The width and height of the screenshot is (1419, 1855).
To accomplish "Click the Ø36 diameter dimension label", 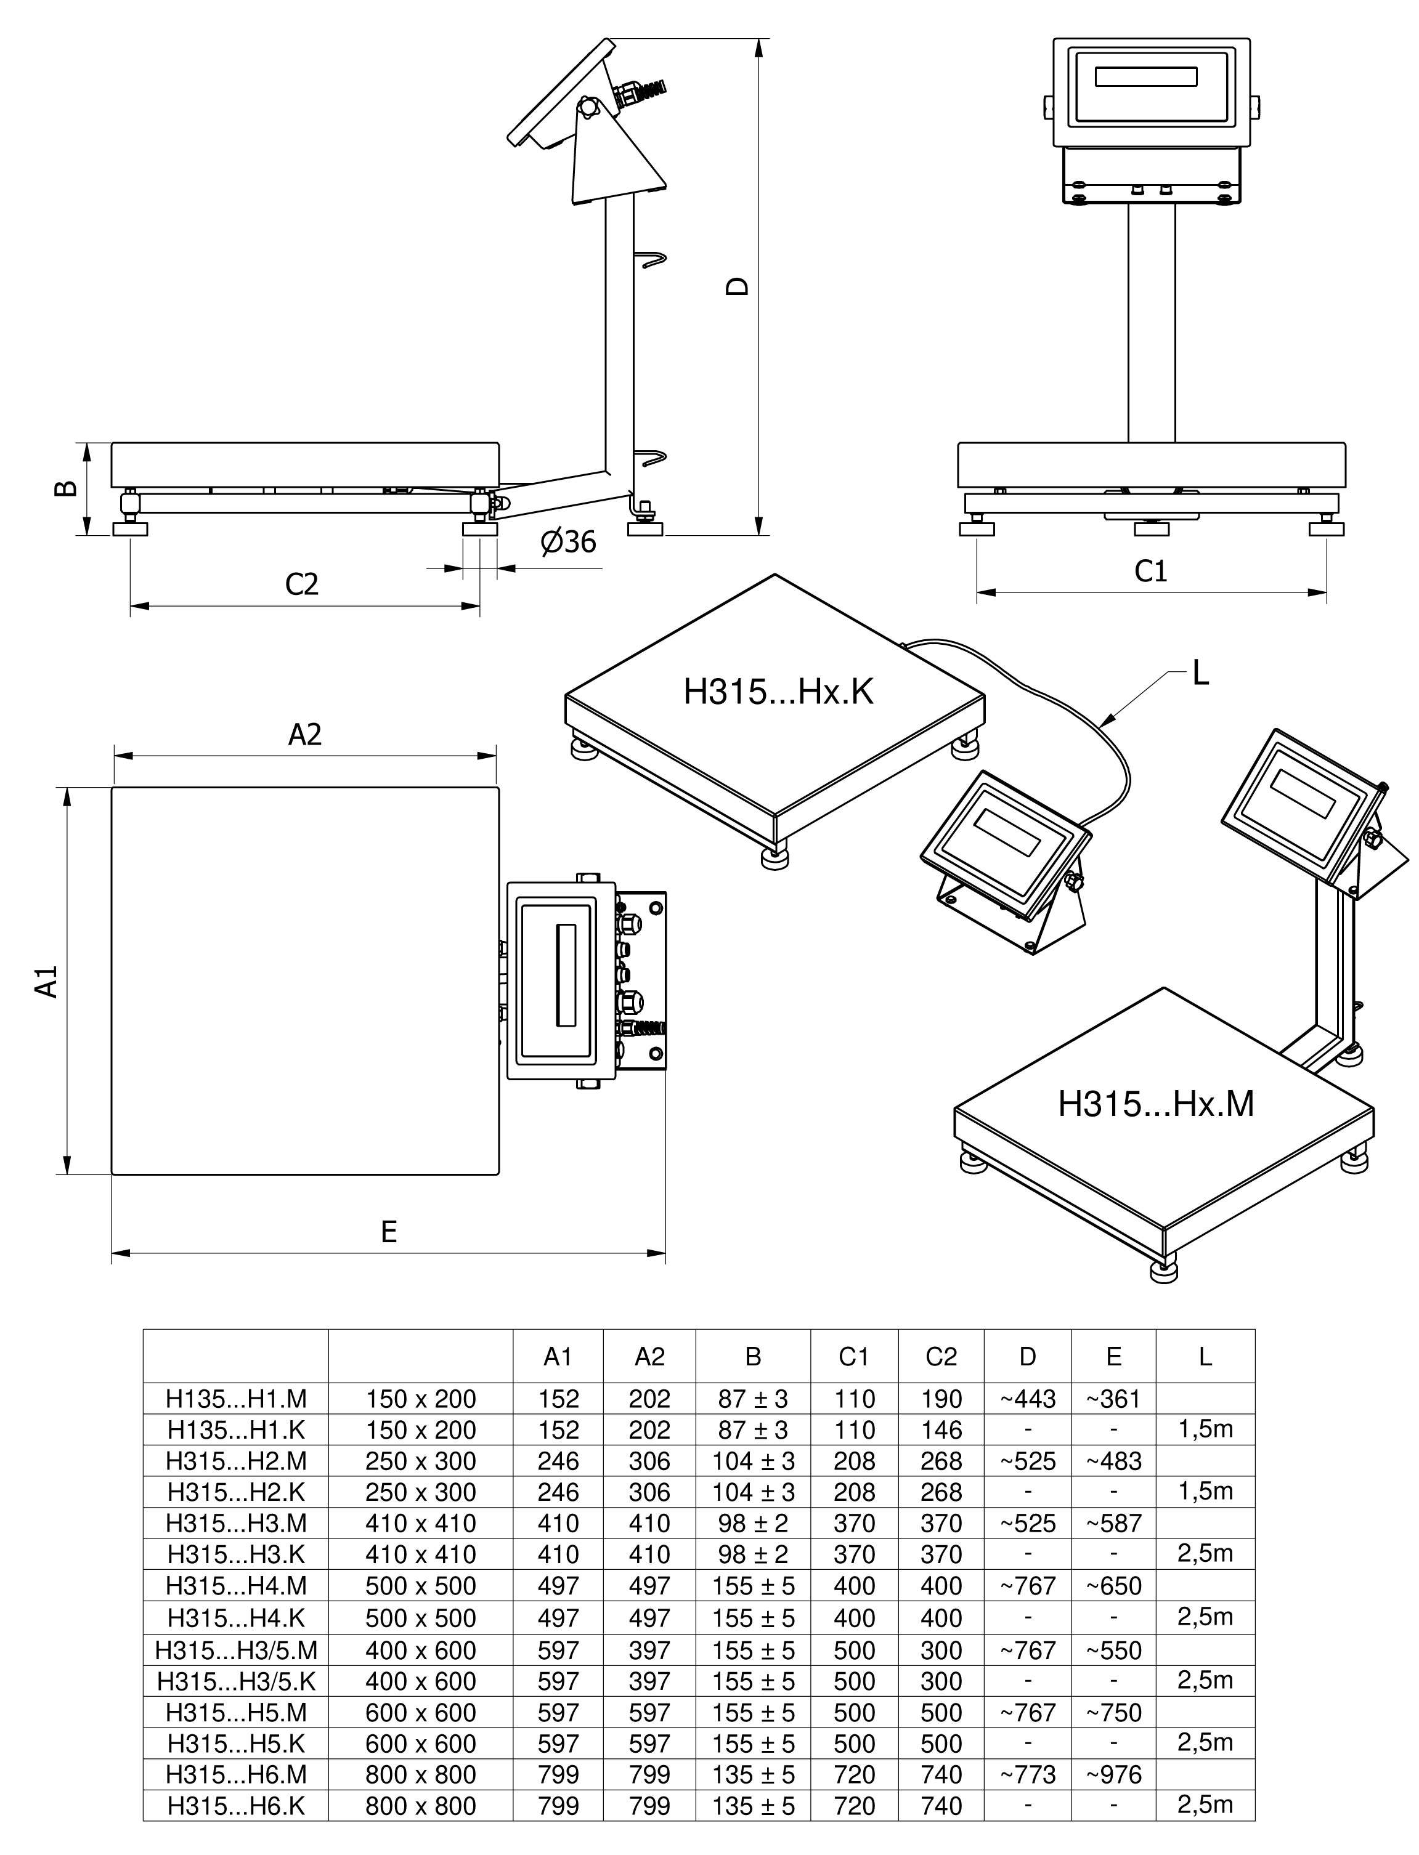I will tap(569, 542).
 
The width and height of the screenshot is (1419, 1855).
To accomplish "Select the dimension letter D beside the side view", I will tap(738, 286).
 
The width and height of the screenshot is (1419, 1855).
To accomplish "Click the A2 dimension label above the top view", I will tap(305, 735).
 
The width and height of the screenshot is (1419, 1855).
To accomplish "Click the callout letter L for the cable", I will tap(1200, 674).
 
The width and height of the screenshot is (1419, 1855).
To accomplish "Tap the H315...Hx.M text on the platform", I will tap(1155, 1104).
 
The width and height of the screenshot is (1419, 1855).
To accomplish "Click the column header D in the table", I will tap(1027, 1357).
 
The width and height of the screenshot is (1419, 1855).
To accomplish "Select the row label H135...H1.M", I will tap(235, 1399).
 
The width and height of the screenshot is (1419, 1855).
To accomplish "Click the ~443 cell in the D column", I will tap(1027, 1399).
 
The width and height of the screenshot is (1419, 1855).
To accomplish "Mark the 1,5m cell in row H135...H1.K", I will tap(1205, 1429).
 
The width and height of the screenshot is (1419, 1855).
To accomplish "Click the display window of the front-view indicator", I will tap(1146, 77).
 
